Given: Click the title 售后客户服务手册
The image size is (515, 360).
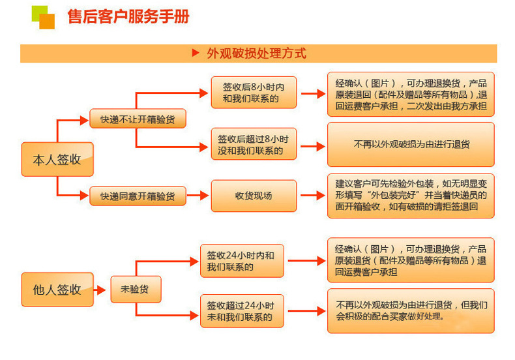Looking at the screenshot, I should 128,16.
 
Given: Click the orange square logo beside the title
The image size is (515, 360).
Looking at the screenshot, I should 43,17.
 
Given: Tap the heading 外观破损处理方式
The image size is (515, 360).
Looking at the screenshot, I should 256,53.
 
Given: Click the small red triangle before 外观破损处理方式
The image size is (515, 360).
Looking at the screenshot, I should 195,53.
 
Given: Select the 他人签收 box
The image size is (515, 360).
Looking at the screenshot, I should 57,290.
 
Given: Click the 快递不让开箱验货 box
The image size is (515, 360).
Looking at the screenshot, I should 137,119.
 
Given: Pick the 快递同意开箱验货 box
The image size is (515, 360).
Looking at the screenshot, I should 137,196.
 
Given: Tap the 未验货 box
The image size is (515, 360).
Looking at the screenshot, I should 130,289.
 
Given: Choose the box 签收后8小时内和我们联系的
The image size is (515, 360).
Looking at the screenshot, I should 254,93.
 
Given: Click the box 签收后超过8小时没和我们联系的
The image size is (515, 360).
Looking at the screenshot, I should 254,144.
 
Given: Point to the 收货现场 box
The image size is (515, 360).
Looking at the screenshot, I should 254,196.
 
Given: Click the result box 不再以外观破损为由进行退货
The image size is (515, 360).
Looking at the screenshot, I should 411,144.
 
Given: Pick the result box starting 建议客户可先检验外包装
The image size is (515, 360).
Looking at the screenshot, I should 411,195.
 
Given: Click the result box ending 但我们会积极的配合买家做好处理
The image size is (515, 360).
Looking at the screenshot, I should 411,311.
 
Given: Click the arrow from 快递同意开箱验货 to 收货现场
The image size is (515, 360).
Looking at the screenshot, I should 198,196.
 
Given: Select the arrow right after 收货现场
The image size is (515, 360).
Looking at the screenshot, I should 312,196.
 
